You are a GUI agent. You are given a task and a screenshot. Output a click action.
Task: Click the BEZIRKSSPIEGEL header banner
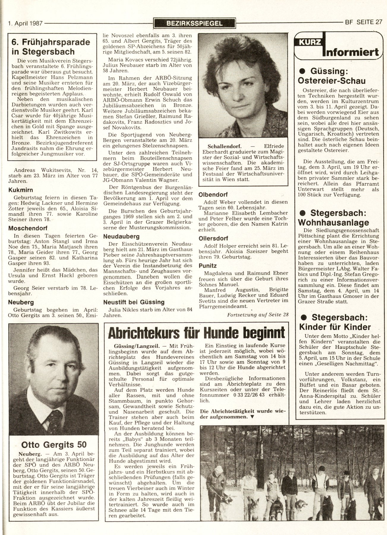click(x=195, y=23)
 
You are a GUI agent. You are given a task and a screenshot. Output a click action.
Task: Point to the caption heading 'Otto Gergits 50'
click(x=54, y=444)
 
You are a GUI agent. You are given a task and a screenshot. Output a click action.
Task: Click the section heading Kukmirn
click(x=20, y=190)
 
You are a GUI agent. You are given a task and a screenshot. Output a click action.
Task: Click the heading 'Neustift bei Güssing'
click(x=134, y=302)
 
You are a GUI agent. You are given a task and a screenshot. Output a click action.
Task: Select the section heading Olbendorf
click(x=213, y=195)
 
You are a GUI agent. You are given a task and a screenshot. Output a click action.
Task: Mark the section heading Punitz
click(x=208, y=265)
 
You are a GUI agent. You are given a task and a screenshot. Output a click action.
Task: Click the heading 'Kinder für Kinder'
click(x=335, y=327)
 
